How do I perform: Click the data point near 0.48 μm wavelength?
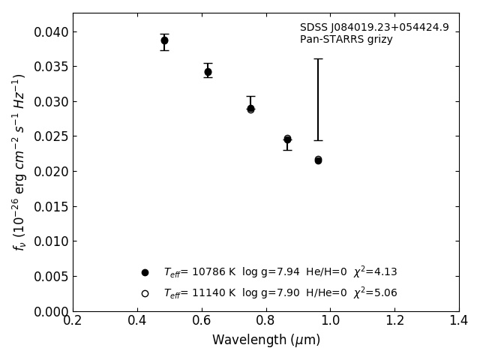pyautogui.click(x=164, y=40)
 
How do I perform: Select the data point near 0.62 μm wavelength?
pyautogui.click(x=208, y=72)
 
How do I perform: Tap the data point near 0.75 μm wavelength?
pyautogui.click(x=250, y=108)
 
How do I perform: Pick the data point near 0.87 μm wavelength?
pyautogui.click(x=287, y=139)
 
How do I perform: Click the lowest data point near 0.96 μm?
pyautogui.click(x=318, y=160)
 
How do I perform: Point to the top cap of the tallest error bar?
pyautogui.click(x=318, y=58)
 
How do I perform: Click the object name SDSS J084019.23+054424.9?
pyautogui.click(x=374, y=28)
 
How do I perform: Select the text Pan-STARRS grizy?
pyautogui.click(x=346, y=40)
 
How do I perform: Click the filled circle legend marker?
pyautogui.click(x=145, y=272)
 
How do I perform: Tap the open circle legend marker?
pyautogui.click(x=145, y=293)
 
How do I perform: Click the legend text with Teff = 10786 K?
pyautogui.click(x=280, y=272)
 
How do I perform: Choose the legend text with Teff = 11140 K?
pyautogui.click(x=280, y=293)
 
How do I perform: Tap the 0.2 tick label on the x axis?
pyautogui.click(x=73, y=321)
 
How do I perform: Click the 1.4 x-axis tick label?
pyautogui.click(x=459, y=321)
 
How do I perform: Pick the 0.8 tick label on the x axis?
pyautogui.click(x=266, y=321)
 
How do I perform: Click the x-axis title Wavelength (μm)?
pyautogui.click(x=266, y=340)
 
